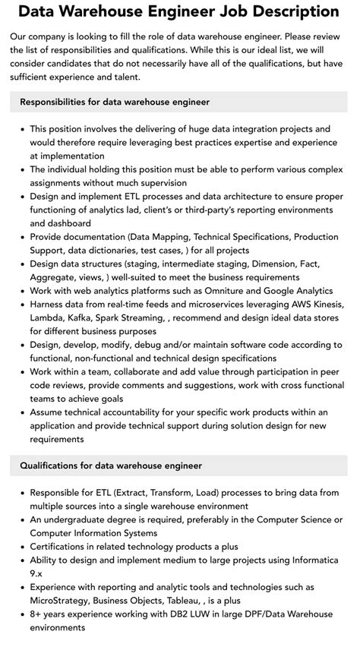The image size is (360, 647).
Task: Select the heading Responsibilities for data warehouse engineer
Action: click(x=115, y=102)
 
